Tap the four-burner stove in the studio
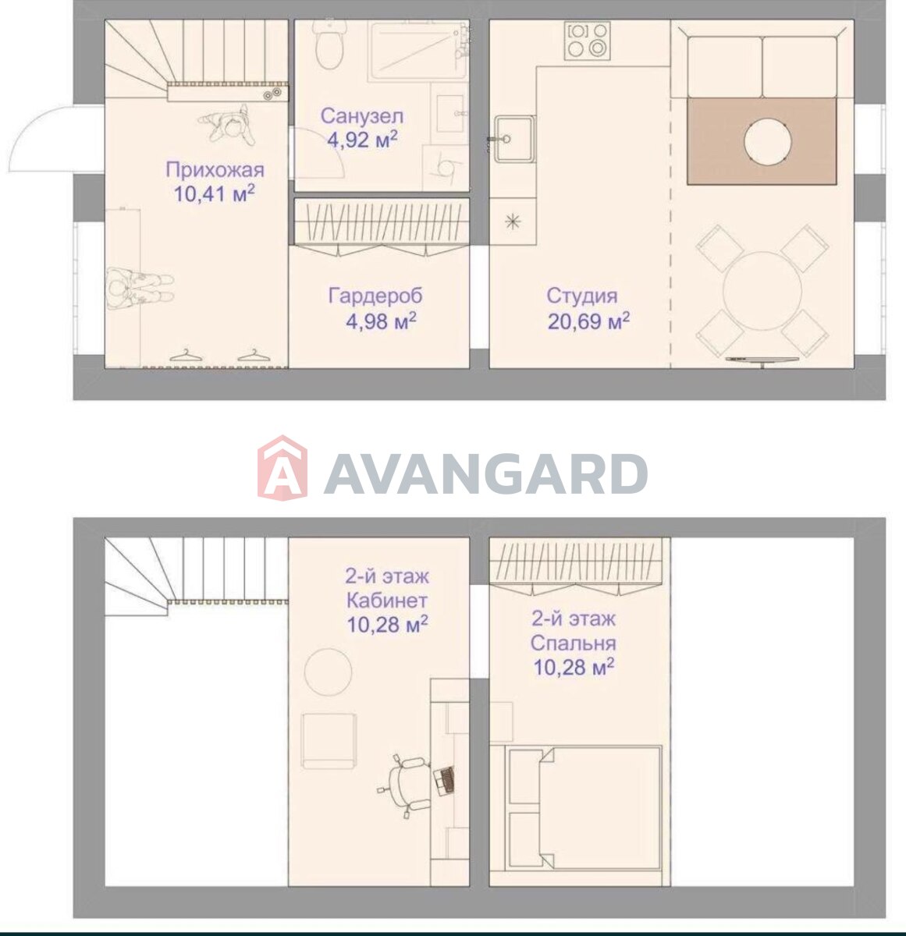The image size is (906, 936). click(588, 41)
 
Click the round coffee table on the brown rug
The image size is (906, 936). click(767, 142)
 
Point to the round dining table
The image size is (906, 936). click(762, 290)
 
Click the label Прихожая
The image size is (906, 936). click(215, 170)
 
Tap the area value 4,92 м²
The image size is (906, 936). click(362, 140)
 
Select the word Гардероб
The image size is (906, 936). click(375, 296)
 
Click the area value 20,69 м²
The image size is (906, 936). click(588, 321)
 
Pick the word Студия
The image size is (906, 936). click(581, 296)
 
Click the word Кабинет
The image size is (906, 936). click(387, 601)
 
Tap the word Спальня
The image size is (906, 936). click(573, 643)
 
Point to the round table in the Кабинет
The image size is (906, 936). click(329, 672)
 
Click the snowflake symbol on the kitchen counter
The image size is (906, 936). click(513, 222)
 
